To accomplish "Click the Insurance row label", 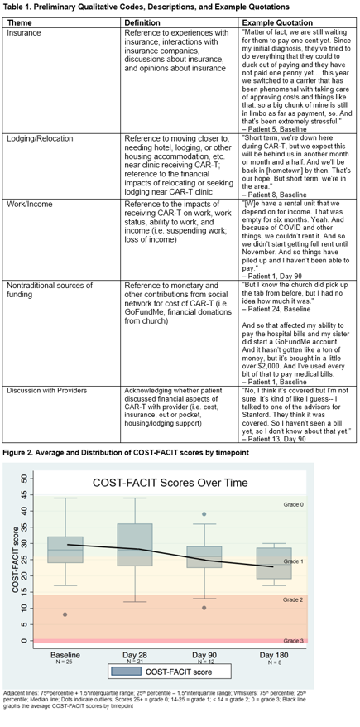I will pyautogui.click(x=24, y=32).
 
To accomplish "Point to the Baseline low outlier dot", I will pyautogui.click(x=65, y=614).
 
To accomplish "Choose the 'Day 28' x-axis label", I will pyautogui.click(x=135, y=655).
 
